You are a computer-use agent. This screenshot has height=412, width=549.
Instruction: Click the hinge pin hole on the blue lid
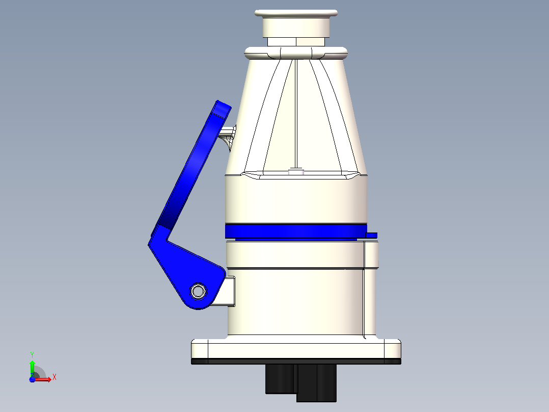(x=198, y=291)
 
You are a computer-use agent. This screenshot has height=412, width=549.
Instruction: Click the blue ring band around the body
(x=296, y=231)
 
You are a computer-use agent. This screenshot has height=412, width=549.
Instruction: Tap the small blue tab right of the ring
(x=371, y=235)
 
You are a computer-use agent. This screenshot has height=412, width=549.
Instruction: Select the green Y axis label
(x=32, y=355)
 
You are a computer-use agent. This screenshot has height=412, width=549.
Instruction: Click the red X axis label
(x=54, y=377)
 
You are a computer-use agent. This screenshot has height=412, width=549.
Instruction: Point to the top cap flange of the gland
(x=296, y=13)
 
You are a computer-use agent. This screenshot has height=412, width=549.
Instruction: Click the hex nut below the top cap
(x=296, y=42)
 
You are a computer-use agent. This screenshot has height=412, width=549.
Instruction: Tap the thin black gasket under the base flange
(x=296, y=362)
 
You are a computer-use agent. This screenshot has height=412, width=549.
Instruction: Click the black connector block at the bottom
(x=301, y=383)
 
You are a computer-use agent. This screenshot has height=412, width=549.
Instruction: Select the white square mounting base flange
(x=296, y=349)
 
